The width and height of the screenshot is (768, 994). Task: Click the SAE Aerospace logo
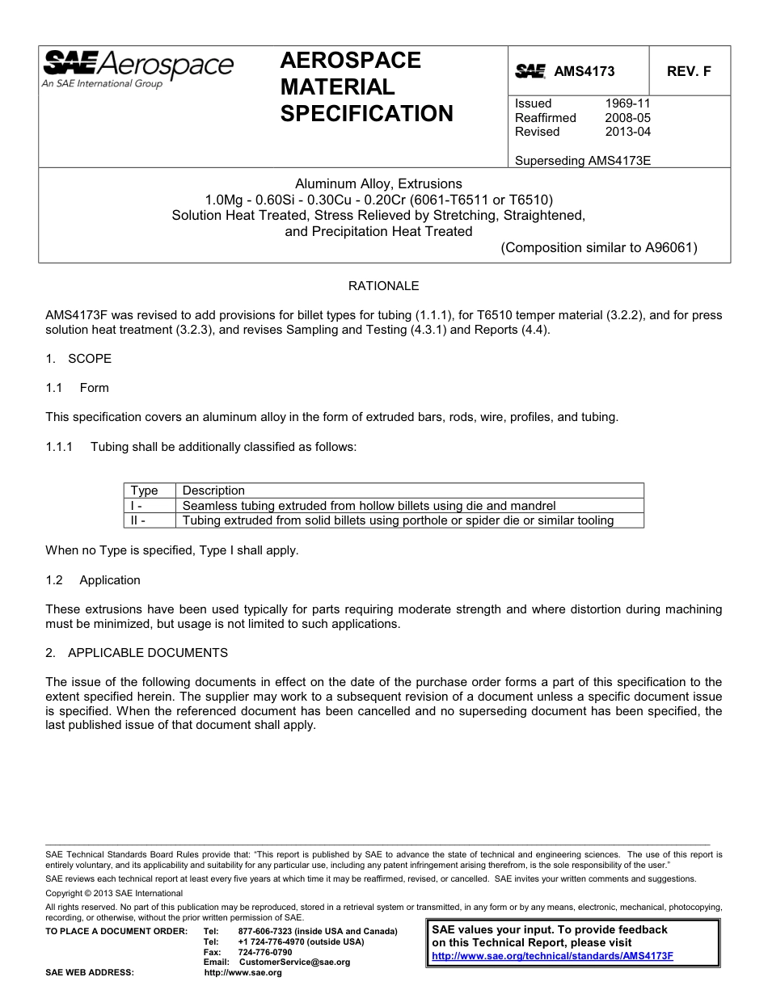137,68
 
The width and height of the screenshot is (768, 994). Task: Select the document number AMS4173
584,71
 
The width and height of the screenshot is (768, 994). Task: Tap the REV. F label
689,71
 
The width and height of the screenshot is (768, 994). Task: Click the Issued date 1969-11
627,103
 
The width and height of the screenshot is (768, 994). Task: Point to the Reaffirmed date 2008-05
627,118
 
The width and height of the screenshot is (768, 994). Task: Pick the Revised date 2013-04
627,132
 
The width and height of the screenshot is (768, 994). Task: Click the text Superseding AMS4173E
583,160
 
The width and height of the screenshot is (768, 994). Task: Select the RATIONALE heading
383,286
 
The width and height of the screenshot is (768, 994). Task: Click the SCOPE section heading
90,359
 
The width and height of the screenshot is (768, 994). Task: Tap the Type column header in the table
145,491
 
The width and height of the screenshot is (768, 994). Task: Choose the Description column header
213,491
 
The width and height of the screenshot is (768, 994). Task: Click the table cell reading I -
137,506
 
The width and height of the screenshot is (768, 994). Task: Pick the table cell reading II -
138,520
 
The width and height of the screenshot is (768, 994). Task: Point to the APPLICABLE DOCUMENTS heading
148,653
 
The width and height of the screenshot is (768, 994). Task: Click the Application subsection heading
110,580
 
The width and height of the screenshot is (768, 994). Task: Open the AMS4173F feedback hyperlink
552,955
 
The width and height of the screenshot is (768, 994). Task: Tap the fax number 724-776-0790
265,952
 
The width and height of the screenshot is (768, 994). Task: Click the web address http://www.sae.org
243,972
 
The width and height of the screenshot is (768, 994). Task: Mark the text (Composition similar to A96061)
599,248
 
